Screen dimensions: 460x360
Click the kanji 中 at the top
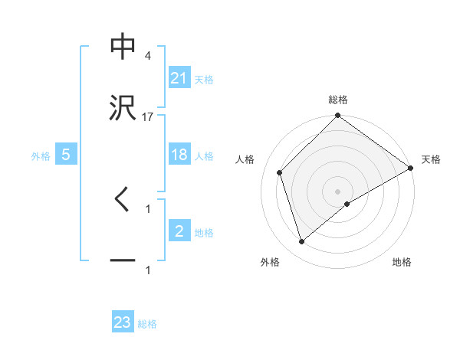(123, 47)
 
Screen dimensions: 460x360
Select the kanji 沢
(123, 108)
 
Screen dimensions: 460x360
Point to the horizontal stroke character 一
(123, 261)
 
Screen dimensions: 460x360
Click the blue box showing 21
(179, 78)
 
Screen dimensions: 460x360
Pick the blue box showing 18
(179, 155)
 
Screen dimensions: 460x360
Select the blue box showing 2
(179, 231)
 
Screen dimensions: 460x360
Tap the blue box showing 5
(66, 155)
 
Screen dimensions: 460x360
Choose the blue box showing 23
(123, 322)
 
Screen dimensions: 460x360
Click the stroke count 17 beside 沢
(148, 117)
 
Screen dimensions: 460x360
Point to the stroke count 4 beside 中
(148, 56)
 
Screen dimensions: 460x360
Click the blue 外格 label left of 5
(41, 155)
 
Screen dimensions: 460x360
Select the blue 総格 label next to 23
(147, 324)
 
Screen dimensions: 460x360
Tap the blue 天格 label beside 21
(204, 79)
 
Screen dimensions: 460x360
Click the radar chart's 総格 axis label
(338, 100)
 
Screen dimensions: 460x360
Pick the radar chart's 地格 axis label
(402, 263)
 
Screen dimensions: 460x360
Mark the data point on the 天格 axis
(411, 169)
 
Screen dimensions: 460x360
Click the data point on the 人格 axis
(280, 172)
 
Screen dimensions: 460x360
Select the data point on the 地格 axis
(347, 204)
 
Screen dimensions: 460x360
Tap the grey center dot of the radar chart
(338, 191)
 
